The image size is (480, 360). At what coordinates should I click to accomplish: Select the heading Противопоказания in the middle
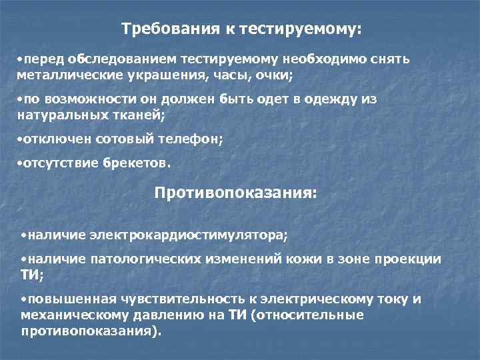click(x=236, y=193)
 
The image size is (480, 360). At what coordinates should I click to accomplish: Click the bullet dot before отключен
click(x=19, y=139)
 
